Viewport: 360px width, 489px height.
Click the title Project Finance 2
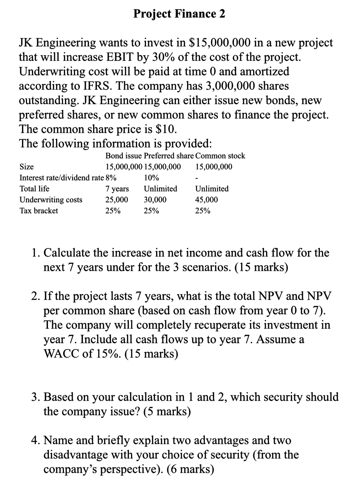pos(179,14)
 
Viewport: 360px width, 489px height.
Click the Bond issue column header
pos(124,156)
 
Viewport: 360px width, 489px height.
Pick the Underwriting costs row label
pos(51,200)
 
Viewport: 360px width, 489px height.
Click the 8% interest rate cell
pos(111,178)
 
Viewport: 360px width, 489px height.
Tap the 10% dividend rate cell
pos(151,178)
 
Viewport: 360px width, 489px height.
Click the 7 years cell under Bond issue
pos(117,189)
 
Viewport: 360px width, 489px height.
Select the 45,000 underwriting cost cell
pos(207,200)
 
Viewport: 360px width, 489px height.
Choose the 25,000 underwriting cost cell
pos(117,200)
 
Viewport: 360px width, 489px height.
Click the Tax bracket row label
pos(39,211)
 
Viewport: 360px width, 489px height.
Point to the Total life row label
pos(34,189)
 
